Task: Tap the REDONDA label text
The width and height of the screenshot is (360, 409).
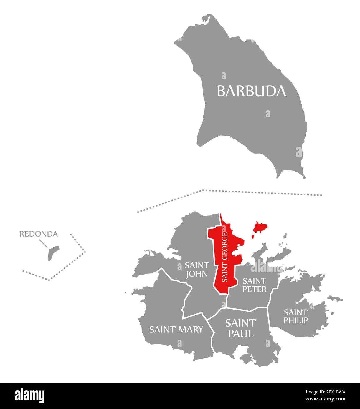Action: pyautogui.click(x=39, y=234)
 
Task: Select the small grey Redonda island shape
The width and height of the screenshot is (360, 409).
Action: pyautogui.click(x=53, y=252)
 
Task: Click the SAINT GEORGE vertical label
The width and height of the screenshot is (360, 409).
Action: pyautogui.click(x=225, y=257)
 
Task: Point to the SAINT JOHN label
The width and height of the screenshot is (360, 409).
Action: pyautogui.click(x=197, y=270)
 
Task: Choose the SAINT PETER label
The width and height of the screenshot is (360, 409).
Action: pyautogui.click(x=255, y=285)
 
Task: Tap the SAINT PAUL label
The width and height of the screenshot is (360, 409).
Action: pyautogui.click(x=240, y=328)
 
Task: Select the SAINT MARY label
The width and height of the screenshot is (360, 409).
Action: pyautogui.click(x=176, y=329)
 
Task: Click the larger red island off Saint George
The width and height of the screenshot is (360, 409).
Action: pyautogui.click(x=260, y=227)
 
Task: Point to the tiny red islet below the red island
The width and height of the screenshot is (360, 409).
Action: pyautogui.click(x=253, y=236)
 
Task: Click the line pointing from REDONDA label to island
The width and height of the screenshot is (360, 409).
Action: pyautogui.click(x=43, y=243)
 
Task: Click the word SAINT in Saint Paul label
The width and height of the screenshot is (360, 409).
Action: pyautogui.click(x=240, y=323)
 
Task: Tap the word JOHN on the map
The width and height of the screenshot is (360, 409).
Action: pyautogui.click(x=197, y=274)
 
